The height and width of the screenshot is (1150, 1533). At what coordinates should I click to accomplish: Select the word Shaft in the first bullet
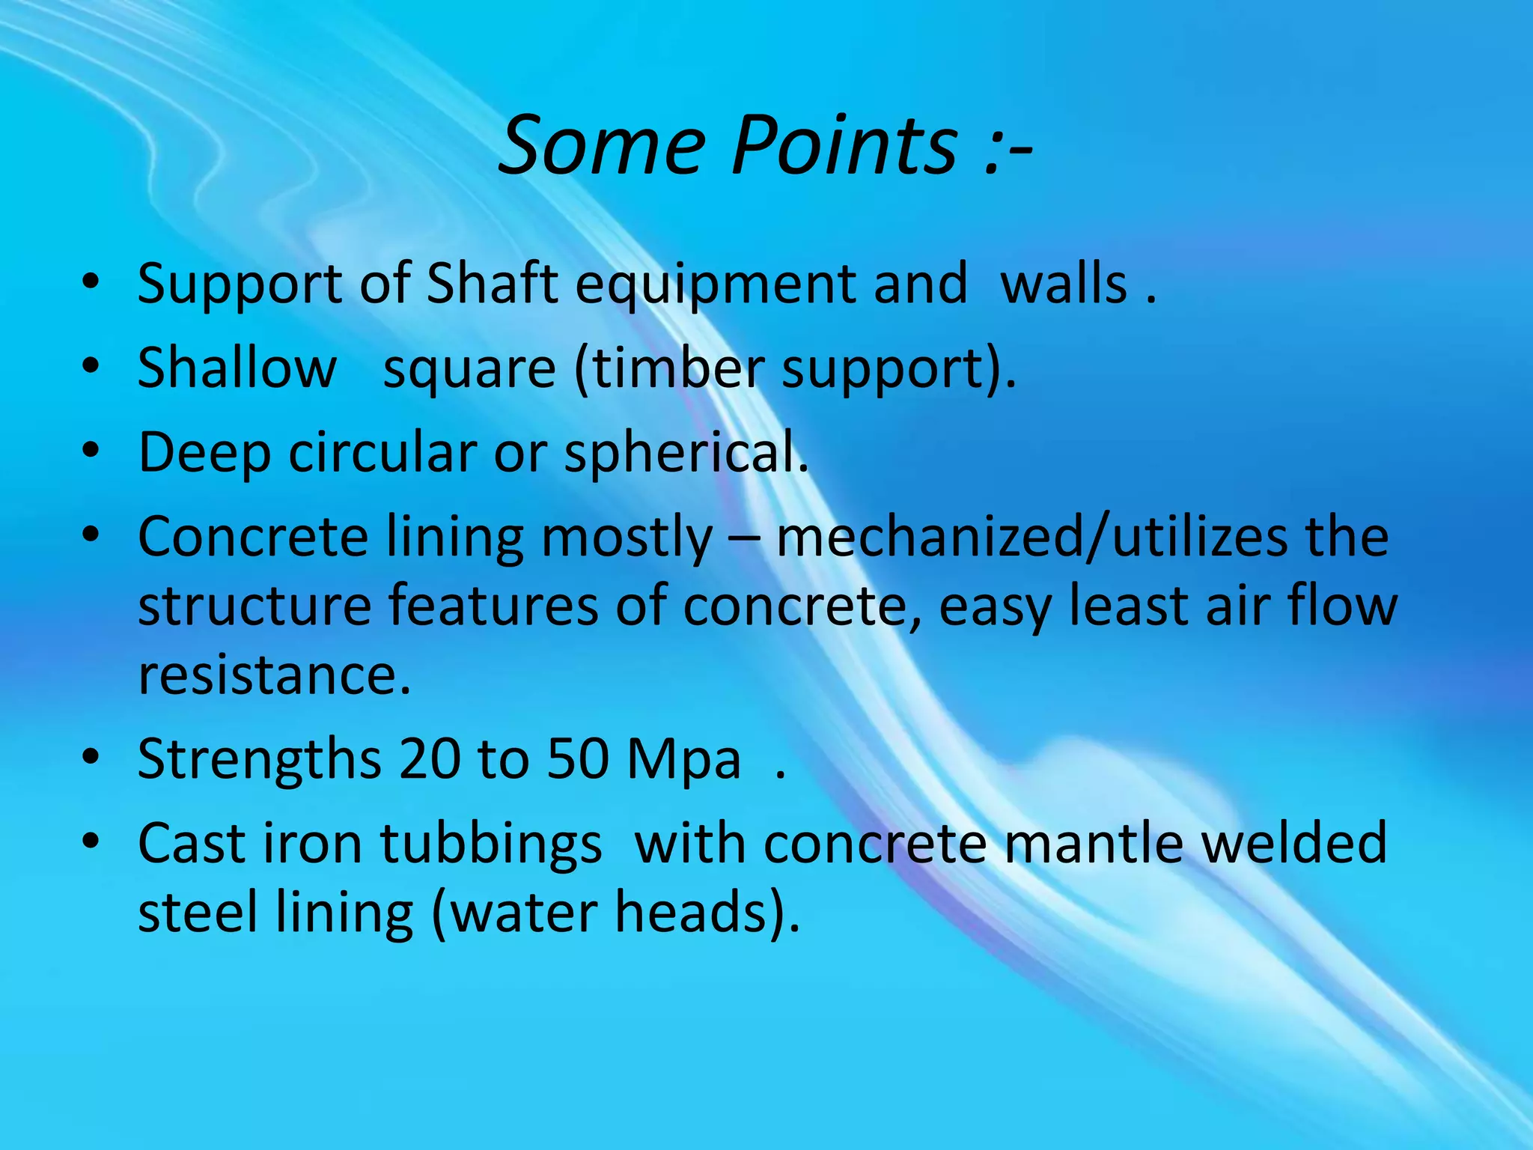pos(492,284)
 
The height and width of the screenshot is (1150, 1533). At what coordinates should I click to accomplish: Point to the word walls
pos(1063,284)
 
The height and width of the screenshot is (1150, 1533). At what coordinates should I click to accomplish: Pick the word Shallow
pos(237,368)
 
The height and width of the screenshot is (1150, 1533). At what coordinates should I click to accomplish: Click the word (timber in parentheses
pos(669,368)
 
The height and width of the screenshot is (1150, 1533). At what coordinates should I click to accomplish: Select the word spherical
pos(685,454)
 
